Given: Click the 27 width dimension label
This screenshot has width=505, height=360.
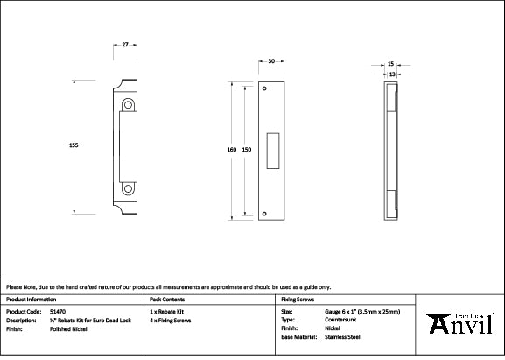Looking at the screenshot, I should (x=126, y=43).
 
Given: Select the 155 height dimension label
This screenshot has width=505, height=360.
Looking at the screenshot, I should (x=74, y=145).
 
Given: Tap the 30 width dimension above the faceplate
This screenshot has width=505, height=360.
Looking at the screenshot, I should (x=271, y=61).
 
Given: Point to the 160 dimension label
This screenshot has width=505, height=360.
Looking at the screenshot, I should (x=231, y=150).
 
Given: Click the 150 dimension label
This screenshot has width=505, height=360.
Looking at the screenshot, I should (x=247, y=150).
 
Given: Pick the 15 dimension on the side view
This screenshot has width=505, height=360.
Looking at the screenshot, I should (x=390, y=64).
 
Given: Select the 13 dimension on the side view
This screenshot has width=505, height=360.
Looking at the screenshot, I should (x=390, y=74).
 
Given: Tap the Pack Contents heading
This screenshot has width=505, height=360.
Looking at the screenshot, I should (x=167, y=299).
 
